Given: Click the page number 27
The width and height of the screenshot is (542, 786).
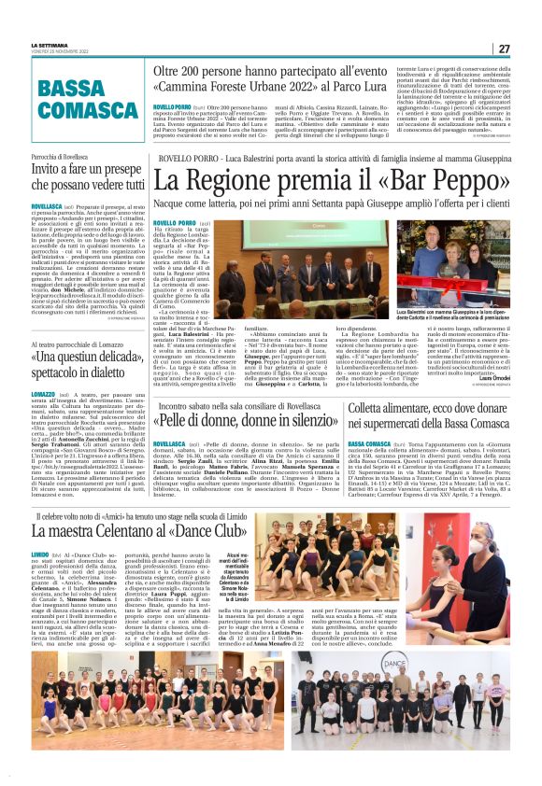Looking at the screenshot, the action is click(x=504, y=49).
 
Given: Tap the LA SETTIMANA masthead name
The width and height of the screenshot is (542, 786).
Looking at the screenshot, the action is click(x=50, y=44).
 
